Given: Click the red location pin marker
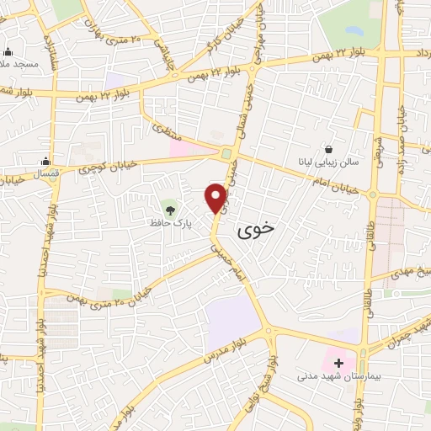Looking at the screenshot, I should pos(216,196).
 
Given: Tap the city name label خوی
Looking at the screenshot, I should pos(256,228).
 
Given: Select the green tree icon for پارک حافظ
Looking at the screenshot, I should pos(172,207).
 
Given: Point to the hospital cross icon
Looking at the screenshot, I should pos(339,364).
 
